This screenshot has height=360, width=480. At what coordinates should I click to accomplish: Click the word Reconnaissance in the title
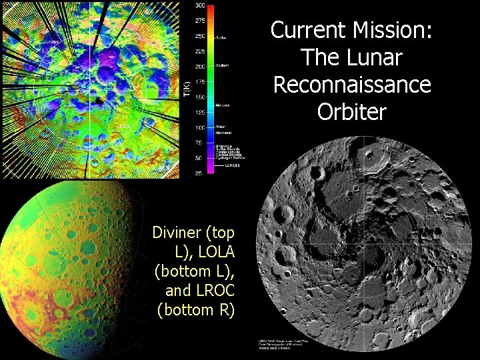pyautogui.click(x=351, y=85)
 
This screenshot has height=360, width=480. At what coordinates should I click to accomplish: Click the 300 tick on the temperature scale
pyautogui.click(x=200, y=5)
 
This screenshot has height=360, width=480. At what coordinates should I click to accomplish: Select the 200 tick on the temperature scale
pyautogui.click(x=200, y=67)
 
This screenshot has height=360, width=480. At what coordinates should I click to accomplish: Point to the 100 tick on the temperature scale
pyautogui.click(x=200, y=127)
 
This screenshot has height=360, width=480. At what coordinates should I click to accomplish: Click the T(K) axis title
pyautogui.click(x=187, y=88)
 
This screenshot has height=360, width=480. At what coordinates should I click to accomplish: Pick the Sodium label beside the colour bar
pyautogui.click(x=222, y=66)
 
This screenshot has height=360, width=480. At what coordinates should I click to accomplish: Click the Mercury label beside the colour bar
pyautogui.click(x=223, y=105)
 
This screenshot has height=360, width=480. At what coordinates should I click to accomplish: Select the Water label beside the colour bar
pyautogui.click(x=221, y=127)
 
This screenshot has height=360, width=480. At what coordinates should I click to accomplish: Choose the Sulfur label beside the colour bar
pyautogui.click(x=221, y=37)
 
